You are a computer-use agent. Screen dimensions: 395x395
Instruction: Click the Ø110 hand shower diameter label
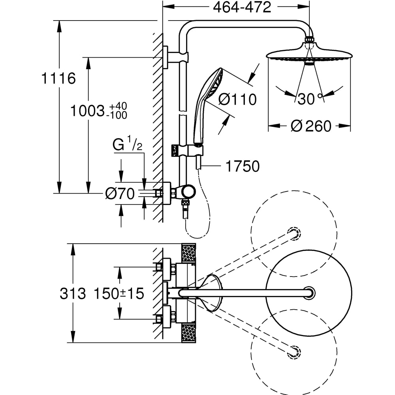click(237, 100)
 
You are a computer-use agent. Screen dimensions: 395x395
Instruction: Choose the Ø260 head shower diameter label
click(310, 126)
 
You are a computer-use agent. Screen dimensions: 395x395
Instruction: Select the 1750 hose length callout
click(243, 167)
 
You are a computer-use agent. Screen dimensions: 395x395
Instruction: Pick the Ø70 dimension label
click(120, 194)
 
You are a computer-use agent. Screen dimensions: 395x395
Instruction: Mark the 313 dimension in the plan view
click(73, 293)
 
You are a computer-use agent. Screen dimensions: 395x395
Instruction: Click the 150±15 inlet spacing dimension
click(118, 293)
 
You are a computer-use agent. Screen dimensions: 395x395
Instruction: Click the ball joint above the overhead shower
click(310, 41)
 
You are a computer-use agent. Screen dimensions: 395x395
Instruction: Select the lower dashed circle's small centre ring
click(294, 350)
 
